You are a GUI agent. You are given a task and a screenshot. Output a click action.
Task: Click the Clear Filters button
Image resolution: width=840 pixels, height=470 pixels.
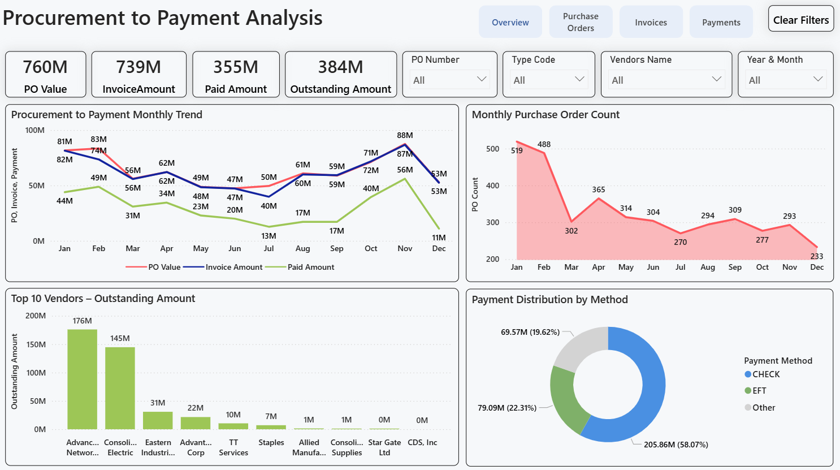pos(800,19)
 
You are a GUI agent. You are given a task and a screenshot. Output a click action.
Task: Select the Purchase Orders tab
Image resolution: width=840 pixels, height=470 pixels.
pos(581,22)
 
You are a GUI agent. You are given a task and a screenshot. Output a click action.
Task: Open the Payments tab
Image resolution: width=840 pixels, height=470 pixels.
pos(721,23)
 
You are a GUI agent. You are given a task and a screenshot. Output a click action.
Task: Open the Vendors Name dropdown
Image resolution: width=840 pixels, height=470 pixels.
pos(666,80)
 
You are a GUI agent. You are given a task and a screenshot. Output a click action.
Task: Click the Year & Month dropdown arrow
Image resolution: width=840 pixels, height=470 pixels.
pos(817,79)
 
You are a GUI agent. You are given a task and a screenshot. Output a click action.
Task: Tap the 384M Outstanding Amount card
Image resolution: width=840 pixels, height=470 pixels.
pos(340,75)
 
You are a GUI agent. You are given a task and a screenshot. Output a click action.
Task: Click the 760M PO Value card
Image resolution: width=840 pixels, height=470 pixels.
pos(45,75)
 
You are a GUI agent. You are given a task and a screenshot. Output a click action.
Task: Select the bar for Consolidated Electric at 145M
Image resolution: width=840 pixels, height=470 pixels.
pos(120,388)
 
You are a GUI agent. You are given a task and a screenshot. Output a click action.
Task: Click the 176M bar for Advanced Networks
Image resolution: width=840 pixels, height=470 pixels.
pos(82,379)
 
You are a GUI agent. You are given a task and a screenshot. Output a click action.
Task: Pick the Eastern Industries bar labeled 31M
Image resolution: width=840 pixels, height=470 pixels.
pos(158,420)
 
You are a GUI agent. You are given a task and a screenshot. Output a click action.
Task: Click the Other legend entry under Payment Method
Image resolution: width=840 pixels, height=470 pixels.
pos(763,408)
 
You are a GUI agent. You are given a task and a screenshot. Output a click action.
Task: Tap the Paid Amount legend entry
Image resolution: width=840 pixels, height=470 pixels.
pos(310,267)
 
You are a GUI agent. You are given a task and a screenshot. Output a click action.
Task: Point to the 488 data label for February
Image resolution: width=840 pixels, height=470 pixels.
pos(544,144)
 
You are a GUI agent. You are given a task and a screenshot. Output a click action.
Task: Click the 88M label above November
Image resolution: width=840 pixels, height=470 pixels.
pos(405,135)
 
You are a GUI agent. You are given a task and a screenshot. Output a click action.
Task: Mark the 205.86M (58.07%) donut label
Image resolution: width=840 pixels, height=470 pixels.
pos(676,445)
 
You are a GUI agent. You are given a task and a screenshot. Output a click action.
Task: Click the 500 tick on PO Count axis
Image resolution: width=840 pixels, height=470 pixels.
pos(492,149)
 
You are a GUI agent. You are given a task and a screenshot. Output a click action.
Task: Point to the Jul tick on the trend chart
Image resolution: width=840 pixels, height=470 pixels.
pos(269,248)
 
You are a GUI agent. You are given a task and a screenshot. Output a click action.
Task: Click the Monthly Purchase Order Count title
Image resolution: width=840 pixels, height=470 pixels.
pos(545,115)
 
